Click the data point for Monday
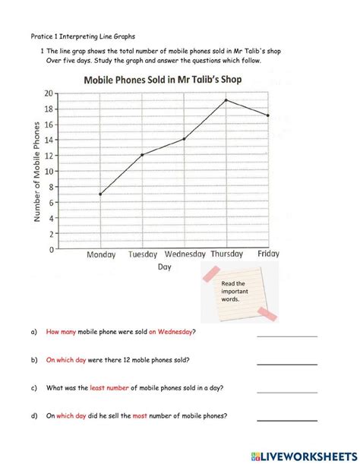point(100,194)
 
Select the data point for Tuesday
point(142,155)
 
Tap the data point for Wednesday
point(184,139)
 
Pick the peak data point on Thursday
point(226,100)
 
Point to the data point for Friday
point(267,115)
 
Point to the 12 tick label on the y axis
point(49,155)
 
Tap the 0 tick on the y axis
point(51,249)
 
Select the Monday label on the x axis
point(101,255)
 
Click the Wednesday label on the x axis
point(184,255)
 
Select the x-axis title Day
point(164,267)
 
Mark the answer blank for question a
point(286,334)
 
